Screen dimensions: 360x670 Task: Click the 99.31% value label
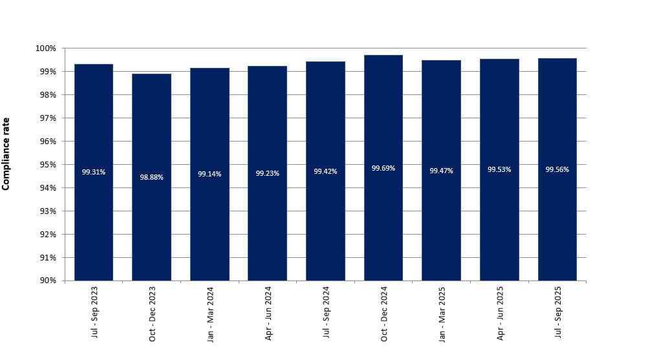94,172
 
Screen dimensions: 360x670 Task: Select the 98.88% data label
151,177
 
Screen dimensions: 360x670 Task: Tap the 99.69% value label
384,168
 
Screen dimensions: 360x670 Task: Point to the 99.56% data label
557,169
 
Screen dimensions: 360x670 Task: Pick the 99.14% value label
210,174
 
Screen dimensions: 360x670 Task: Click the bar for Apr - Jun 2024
267,220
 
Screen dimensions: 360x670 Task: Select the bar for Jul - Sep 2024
325,220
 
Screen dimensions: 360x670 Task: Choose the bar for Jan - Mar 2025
441,220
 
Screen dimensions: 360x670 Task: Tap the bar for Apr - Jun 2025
499,220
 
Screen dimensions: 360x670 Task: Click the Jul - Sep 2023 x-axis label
94,313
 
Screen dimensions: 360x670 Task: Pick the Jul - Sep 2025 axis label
558,313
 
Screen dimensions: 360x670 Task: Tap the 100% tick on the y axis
46,48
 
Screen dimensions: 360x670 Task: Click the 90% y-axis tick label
48,281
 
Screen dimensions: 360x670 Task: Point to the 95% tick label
48,164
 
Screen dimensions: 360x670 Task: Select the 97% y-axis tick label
48,118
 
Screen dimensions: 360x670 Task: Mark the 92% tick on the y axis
48,234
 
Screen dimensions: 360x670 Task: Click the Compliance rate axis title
6,154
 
